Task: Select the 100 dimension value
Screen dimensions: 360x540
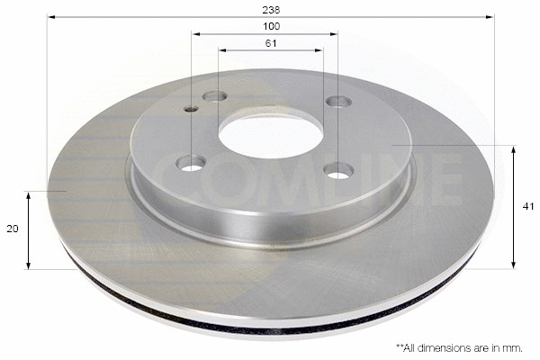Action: pyautogui.click(x=271, y=26)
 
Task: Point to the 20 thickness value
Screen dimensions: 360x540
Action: pyautogui.click(x=13, y=229)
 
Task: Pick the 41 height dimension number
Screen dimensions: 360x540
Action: pyautogui.click(x=528, y=206)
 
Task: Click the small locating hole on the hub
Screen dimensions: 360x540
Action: pyautogui.click(x=191, y=109)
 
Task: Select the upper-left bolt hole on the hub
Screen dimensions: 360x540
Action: pyautogui.click(x=214, y=96)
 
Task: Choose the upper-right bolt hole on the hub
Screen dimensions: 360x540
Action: pyautogui.click(x=338, y=101)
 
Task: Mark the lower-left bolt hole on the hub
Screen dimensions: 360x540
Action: pyautogui.click(x=191, y=163)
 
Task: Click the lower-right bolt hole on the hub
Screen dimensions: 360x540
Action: pyautogui.click(x=338, y=169)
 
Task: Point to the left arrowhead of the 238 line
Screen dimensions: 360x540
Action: pyautogui.click(x=50, y=16)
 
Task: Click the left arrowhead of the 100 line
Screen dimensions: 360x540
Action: pyautogui.click(x=194, y=34)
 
